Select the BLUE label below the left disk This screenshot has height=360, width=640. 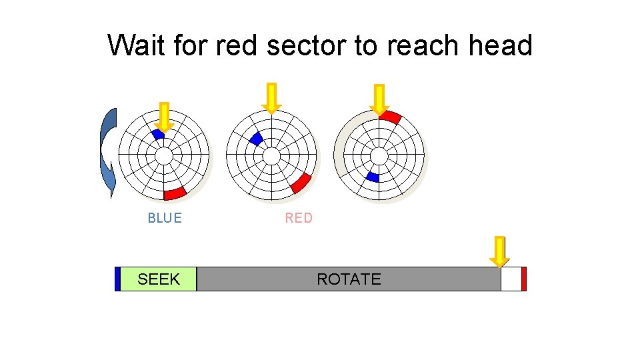pos(165,218)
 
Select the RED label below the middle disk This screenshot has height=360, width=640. pos(299,218)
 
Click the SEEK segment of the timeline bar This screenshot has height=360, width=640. pos(159,279)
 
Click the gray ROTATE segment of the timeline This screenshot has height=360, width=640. pos(349,279)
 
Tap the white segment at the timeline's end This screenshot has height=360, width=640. pos(511,279)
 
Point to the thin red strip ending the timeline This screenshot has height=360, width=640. pos(524,279)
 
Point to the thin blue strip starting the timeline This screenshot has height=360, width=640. pos(117,279)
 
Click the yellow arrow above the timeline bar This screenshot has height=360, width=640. pos(499,251)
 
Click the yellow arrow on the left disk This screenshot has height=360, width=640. pos(164,117)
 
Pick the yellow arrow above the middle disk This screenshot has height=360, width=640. pos(271,97)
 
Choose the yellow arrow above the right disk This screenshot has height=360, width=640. pos(379,99)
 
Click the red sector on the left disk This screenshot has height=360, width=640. pos(175,193)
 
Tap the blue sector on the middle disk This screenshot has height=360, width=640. pos(255,139)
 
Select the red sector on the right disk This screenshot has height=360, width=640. pos(391,117)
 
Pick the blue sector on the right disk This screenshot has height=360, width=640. pos(372,177)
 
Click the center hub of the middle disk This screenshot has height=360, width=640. pos(271,155)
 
